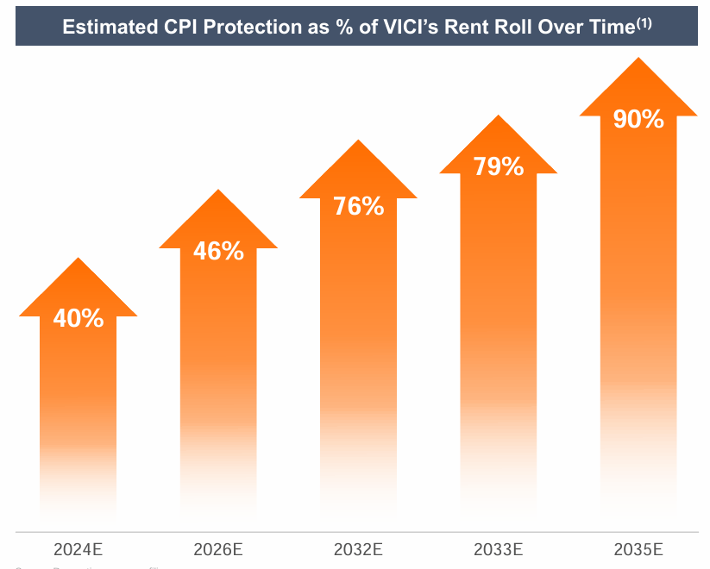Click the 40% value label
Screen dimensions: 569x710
(x=78, y=318)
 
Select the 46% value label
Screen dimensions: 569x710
(x=218, y=251)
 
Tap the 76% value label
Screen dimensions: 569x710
(x=358, y=206)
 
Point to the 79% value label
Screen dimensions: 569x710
(x=499, y=166)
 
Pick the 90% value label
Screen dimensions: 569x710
(x=638, y=119)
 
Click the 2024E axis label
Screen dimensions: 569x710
(x=78, y=548)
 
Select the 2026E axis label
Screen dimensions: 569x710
(x=218, y=548)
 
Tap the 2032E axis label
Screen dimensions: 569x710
(x=358, y=548)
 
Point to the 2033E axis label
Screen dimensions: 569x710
(x=499, y=548)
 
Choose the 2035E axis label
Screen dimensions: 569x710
(x=638, y=548)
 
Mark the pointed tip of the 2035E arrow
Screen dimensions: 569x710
(x=638, y=59)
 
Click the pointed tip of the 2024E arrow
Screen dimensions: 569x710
(x=78, y=258)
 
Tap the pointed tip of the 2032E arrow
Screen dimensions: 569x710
(x=358, y=141)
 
